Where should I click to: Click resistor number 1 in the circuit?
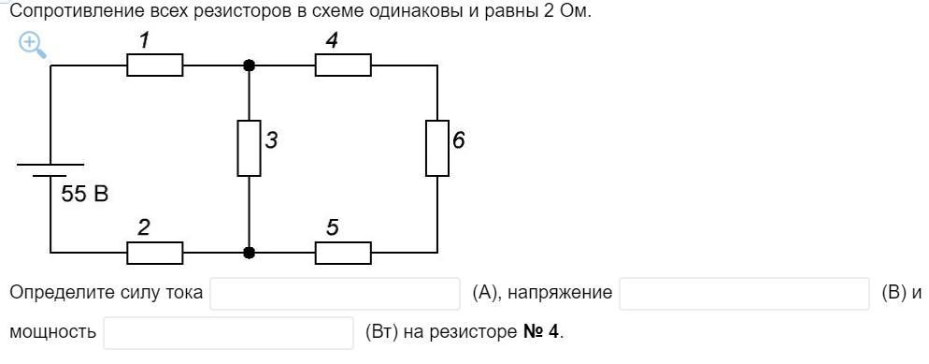click(x=154, y=66)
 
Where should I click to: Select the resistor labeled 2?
click(x=154, y=254)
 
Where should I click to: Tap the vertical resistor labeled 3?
click(x=249, y=148)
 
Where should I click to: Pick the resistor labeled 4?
click(x=343, y=66)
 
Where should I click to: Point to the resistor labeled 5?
click(x=343, y=254)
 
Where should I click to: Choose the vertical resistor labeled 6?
click(x=437, y=148)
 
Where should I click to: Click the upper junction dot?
click(x=250, y=66)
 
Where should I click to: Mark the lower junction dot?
click(x=250, y=254)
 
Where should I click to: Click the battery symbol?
click(x=50, y=170)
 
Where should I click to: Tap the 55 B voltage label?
click(x=85, y=194)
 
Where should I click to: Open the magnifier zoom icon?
click(x=33, y=46)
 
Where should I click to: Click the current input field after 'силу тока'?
click(x=335, y=294)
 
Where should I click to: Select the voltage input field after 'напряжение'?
click(x=744, y=294)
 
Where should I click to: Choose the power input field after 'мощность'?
click(x=229, y=332)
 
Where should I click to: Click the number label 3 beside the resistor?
click(x=271, y=141)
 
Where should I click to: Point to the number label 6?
click(x=459, y=141)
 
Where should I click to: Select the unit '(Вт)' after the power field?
click(x=382, y=332)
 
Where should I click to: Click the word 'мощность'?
click(x=53, y=332)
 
